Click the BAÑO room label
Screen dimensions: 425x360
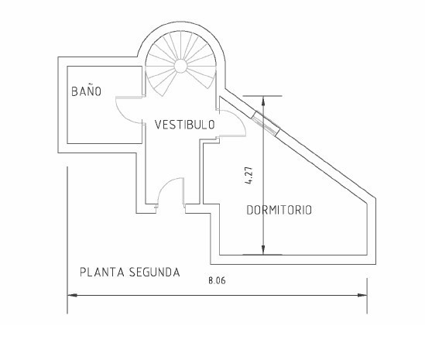(86, 91)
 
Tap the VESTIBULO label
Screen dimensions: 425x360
(185, 125)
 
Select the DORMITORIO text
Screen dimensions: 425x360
(279, 210)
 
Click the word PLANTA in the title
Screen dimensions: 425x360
(102, 273)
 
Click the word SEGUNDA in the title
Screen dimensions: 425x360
(155, 273)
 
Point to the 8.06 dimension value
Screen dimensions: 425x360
(217, 280)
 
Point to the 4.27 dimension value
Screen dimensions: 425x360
(248, 176)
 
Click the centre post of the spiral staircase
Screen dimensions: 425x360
(180, 66)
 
